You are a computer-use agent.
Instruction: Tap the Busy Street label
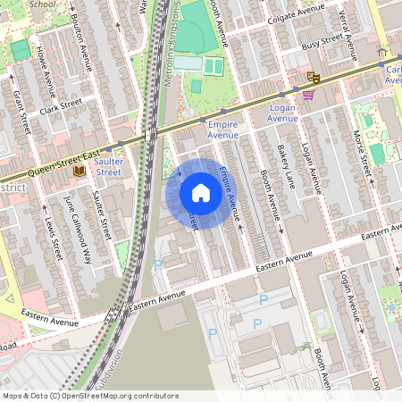(x=322, y=42)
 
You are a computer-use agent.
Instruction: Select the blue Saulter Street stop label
(x=108, y=165)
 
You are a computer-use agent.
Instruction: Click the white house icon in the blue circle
(x=200, y=193)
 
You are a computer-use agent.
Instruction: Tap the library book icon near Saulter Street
(x=80, y=170)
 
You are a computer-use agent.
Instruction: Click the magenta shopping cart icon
(x=308, y=95)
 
